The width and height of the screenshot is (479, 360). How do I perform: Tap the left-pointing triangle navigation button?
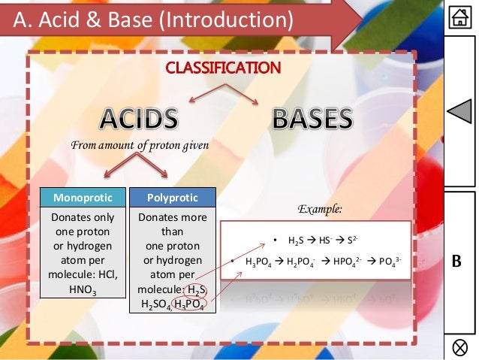point(459,113)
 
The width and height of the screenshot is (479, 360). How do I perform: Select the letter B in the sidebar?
point(459,263)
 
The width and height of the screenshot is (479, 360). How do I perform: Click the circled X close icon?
point(459,346)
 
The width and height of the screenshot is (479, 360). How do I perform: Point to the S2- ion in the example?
point(339,241)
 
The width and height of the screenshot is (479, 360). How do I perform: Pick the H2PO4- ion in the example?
point(306,262)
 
